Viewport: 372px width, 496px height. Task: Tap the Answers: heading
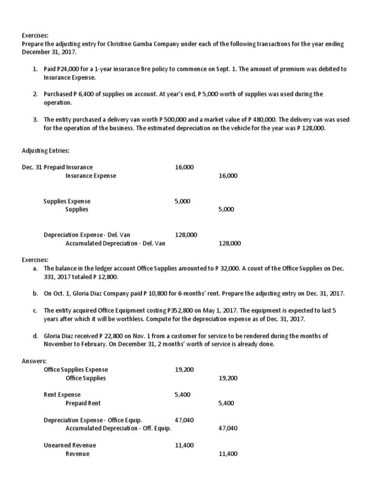(35, 361)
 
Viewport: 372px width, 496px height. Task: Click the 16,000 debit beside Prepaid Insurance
(184, 167)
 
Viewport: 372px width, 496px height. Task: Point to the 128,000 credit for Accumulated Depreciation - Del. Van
(229, 243)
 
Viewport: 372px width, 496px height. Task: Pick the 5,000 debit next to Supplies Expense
(183, 201)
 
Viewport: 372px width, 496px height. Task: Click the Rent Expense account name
(62, 395)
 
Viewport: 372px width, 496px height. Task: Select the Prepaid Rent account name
(83, 403)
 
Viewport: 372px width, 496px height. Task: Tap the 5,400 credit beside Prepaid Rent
(226, 403)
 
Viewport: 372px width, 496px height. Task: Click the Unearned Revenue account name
(70, 445)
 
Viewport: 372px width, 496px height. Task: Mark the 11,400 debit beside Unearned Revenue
(184, 445)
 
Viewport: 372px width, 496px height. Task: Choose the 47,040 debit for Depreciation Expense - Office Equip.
(184, 420)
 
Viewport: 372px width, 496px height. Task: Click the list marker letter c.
(35, 310)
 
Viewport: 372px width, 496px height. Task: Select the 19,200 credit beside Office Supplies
(228, 378)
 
